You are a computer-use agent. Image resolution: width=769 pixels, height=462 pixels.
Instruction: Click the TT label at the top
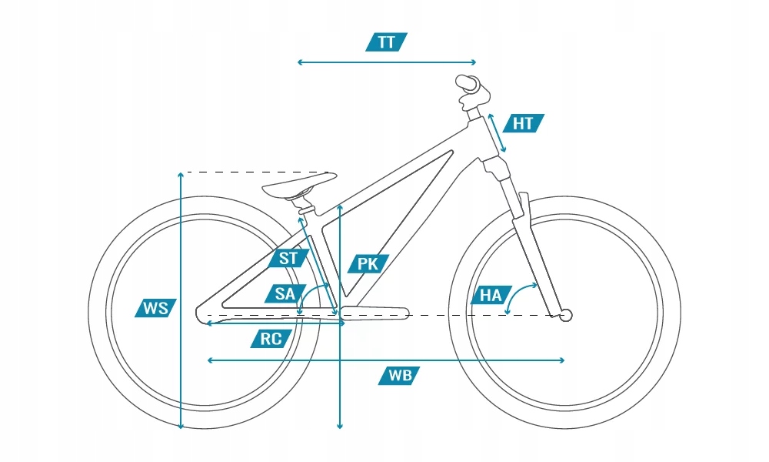coord(386,42)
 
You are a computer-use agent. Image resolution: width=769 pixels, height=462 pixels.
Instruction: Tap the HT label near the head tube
coord(524,123)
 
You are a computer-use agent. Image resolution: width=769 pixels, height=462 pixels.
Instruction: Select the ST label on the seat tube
coord(288,258)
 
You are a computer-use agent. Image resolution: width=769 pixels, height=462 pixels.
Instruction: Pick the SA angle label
coord(285,293)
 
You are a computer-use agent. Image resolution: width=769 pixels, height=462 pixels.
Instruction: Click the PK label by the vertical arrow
coord(368,264)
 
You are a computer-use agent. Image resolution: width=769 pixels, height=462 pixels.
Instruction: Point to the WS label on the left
coord(155,309)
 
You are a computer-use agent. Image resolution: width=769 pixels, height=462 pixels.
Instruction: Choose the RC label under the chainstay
coord(271,339)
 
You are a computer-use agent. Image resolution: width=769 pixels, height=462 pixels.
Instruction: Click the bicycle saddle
coord(300,186)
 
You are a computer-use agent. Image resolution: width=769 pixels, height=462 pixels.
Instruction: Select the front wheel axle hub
coord(567,314)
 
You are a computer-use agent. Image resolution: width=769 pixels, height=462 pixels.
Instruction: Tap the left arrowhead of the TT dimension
coord(300,62)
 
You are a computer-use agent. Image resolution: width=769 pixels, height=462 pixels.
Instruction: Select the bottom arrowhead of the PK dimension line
coord(339,424)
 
